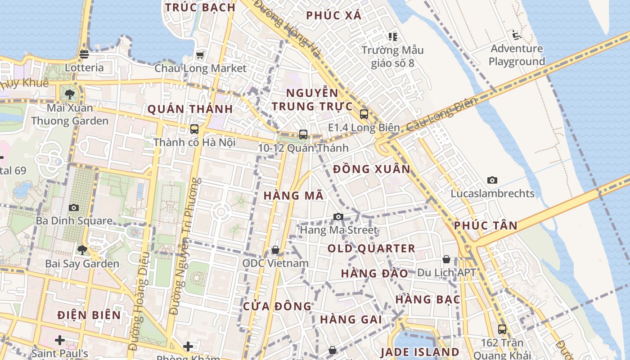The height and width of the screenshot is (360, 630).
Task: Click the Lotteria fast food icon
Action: click(84, 54)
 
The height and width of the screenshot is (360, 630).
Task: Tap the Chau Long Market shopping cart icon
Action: click(200, 55)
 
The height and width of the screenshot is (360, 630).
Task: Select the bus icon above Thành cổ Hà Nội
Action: click(194, 129)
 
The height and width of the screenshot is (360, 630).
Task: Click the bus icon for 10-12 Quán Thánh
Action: click(303, 134)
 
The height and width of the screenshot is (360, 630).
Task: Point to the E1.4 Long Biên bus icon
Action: click(364, 114)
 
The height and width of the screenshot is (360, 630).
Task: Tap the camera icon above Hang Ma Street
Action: click(338, 217)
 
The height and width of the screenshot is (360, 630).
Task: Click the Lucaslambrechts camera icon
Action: click(492, 180)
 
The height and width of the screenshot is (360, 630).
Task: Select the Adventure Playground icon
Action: click(516, 35)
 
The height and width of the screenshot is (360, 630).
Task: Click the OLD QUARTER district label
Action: click(371, 248)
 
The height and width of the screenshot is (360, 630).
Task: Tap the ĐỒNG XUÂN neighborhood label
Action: click(372, 169)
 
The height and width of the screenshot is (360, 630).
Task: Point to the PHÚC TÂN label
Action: click(486, 225)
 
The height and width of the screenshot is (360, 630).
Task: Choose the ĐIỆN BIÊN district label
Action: click(89, 315)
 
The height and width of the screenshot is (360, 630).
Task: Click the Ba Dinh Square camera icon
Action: click(74, 207)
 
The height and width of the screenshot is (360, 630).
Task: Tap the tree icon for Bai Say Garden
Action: click(82, 250)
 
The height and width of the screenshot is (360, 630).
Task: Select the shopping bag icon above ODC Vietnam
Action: click(275, 250)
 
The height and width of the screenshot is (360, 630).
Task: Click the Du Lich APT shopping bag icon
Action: click(446, 259)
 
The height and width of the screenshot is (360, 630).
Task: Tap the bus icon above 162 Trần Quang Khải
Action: click(502, 329)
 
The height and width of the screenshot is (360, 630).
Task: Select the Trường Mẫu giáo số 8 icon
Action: click(392, 36)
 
